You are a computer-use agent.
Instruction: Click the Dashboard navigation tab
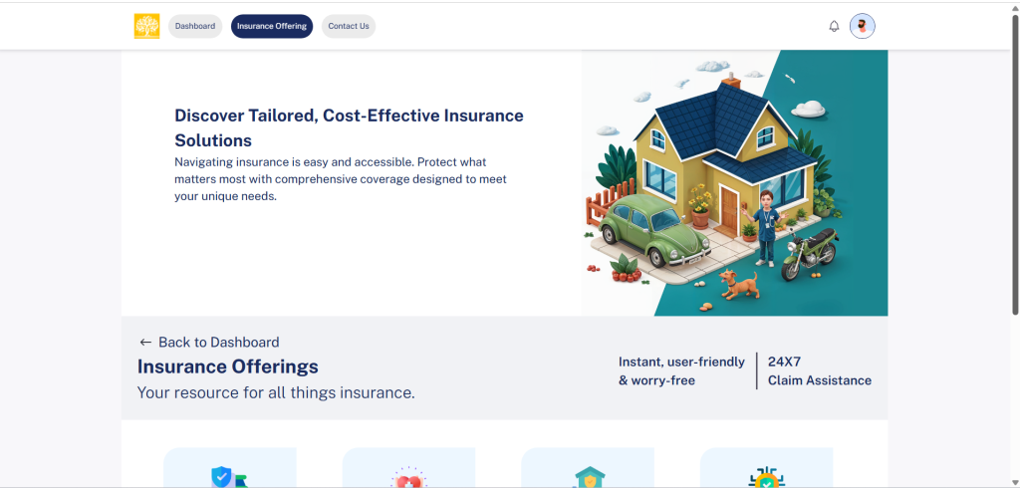[195, 26]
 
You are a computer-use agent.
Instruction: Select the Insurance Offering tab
[272, 26]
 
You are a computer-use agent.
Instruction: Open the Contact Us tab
[349, 26]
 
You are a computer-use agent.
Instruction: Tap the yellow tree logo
[147, 26]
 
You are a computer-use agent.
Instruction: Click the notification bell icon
[834, 26]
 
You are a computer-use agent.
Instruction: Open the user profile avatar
[863, 26]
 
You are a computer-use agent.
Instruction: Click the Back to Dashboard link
[209, 343]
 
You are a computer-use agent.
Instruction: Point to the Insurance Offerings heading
[228, 366]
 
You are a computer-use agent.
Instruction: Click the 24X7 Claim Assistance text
[820, 370]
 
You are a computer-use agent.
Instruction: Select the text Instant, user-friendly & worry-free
[681, 370]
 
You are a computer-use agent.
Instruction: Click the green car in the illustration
[654, 230]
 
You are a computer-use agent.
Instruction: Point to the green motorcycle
[810, 252]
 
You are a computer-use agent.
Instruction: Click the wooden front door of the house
[729, 208]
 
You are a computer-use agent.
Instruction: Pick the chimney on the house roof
[732, 81]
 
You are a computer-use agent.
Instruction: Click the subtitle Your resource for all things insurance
[276, 393]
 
